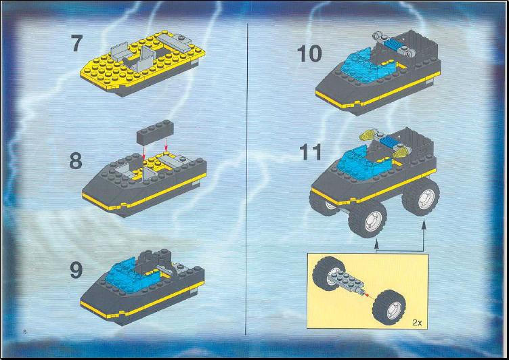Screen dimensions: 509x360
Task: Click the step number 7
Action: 77,43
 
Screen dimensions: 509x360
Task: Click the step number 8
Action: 76,160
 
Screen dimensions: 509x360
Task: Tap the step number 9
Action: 76,270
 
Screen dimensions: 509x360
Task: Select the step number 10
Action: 310,53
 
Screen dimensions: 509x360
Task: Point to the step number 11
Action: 311,152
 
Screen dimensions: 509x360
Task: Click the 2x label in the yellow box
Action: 417,322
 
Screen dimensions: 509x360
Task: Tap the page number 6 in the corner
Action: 24,332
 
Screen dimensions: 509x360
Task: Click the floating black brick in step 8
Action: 155,132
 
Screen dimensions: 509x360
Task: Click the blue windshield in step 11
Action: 362,161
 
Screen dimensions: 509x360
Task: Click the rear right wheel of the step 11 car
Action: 421,198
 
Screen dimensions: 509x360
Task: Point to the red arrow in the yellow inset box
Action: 368,295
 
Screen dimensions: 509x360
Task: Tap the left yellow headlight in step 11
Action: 366,136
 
